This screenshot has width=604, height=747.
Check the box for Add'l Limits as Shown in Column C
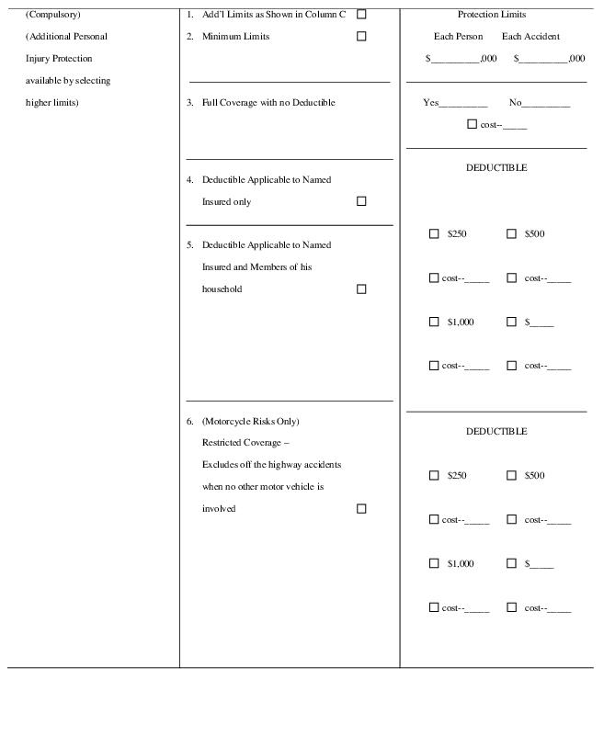(361, 15)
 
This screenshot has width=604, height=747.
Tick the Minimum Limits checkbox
(361, 37)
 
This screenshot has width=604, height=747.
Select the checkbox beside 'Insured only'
(361, 201)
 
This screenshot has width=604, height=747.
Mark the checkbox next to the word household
(361, 289)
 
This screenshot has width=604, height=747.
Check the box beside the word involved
(361, 509)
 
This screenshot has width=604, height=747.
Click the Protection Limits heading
(492, 15)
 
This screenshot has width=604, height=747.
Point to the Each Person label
(458, 37)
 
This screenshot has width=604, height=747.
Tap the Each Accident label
(530, 37)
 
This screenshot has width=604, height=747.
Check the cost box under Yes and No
(473, 124)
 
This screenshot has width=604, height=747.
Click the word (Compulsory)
(52, 15)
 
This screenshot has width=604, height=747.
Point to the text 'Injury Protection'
(59, 59)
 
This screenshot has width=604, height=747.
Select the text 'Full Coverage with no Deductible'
(268, 103)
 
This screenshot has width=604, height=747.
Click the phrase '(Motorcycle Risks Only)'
(250, 422)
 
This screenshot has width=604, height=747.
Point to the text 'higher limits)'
(51, 103)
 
